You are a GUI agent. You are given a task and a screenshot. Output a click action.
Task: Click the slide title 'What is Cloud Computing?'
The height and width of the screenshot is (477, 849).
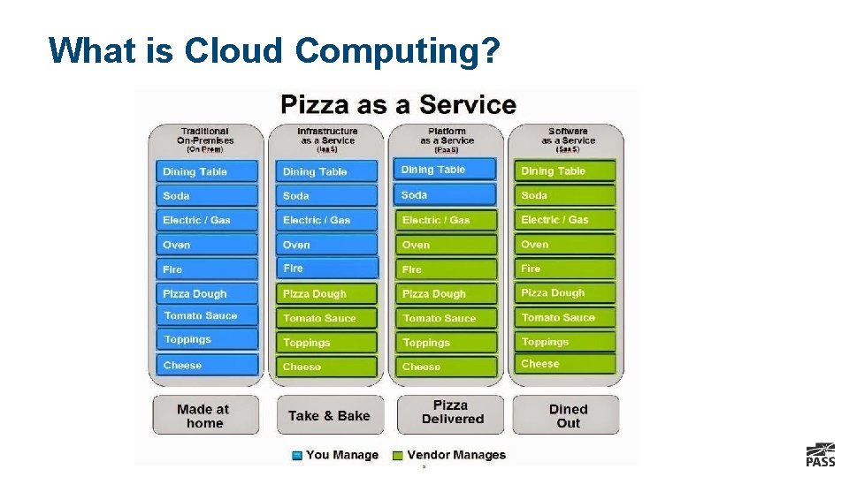[x=275, y=50]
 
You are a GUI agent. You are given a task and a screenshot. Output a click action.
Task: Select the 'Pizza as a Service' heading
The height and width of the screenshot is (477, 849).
[x=398, y=104]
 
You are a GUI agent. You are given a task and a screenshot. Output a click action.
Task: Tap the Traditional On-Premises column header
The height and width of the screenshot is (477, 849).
[x=205, y=140]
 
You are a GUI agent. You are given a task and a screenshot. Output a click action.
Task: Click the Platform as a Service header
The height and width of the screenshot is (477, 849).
[x=447, y=140]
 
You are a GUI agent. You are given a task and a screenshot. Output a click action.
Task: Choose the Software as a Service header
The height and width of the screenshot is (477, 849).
[x=567, y=140]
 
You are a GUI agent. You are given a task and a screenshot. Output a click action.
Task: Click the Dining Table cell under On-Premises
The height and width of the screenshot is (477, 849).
[x=207, y=171]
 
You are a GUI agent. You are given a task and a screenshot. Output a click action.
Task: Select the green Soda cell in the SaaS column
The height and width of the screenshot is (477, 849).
[x=564, y=195]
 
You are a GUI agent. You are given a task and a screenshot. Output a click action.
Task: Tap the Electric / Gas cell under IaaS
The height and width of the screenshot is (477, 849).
[x=328, y=220]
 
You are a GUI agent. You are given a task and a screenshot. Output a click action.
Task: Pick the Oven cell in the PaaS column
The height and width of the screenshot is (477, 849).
[x=447, y=245]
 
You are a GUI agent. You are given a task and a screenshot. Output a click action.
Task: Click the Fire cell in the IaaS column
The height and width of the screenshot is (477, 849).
[x=328, y=269]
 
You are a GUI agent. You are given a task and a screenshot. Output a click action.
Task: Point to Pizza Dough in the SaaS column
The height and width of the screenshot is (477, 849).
[x=564, y=293]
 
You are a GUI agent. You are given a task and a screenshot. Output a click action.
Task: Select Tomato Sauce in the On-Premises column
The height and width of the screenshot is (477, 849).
[x=207, y=316]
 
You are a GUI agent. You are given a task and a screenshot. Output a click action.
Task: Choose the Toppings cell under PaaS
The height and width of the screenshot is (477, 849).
[x=447, y=342]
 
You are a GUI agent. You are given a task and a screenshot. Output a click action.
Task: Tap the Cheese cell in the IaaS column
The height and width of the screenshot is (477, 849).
[x=328, y=366]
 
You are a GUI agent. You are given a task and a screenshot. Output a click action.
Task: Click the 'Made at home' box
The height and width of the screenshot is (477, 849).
[x=204, y=416]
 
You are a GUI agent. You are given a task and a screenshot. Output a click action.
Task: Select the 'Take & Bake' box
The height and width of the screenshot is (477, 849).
[x=329, y=416]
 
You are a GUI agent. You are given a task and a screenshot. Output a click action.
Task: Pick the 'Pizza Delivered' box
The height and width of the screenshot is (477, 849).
[x=451, y=413]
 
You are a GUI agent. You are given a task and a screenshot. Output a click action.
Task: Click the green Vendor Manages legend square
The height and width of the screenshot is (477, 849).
[x=398, y=456]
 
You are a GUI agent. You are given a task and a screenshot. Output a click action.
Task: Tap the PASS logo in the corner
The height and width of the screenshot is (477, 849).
[x=820, y=454]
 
